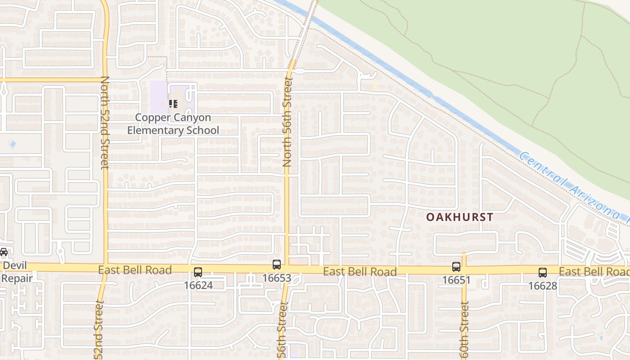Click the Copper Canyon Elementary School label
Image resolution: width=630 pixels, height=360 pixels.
pos(173,124)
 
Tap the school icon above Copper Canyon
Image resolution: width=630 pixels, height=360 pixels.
pos(173,104)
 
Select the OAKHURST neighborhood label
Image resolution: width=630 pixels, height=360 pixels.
pos(459,217)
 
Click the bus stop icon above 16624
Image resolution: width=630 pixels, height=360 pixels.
pos(198,272)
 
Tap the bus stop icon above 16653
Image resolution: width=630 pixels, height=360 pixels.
pos(277,265)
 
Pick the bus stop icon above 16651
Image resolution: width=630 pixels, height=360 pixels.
pos(456,267)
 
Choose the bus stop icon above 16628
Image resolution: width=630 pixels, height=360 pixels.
pos(543,272)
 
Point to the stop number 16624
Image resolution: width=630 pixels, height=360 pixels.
pos(198,285)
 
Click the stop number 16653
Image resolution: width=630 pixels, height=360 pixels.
pos(277,278)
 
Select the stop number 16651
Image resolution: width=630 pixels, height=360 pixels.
pos(456,280)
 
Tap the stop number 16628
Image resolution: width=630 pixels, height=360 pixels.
pos(543,285)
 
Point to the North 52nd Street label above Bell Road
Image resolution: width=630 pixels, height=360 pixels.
pos(105,122)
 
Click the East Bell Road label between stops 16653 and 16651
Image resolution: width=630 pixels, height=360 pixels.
pos(360,271)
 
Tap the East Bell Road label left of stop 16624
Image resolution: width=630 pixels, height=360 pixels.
pos(135,270)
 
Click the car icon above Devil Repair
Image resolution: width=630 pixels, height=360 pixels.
pos(4,252)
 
